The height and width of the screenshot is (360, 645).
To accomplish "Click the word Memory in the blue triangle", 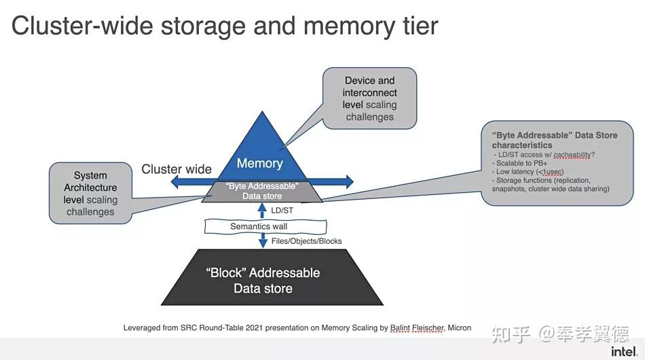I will tap(259, 164).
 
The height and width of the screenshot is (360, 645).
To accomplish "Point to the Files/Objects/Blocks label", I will tap(306, 241).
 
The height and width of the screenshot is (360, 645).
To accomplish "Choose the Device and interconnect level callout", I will tap(369, 99).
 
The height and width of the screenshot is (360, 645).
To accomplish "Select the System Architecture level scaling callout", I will tap(90, 194).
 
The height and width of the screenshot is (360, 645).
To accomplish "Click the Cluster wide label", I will tap(177, 169).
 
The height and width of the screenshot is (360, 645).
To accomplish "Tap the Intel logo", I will tap(624, 350).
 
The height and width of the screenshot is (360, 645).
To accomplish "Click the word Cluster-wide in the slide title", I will tap(81, 26).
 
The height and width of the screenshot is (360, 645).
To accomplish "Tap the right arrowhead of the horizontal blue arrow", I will tap(349, 181).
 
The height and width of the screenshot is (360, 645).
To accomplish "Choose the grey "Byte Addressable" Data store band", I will tap(263, 192).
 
